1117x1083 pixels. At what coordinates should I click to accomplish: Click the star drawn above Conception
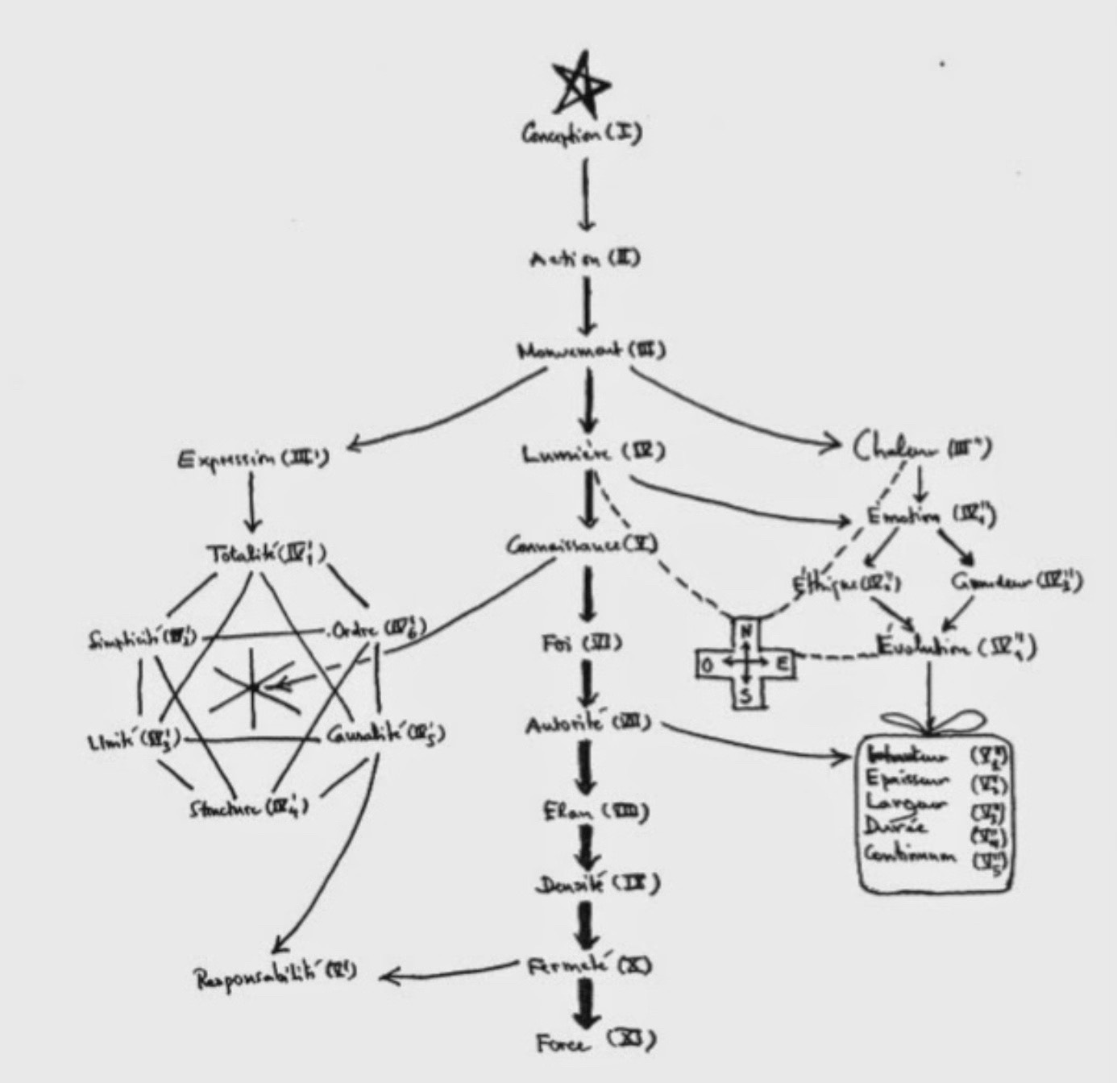coord(581,83)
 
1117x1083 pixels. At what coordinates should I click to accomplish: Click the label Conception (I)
coord(581,134)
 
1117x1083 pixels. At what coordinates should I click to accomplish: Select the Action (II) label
coord(584,259)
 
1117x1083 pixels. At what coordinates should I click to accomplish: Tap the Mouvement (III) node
coord(591,351)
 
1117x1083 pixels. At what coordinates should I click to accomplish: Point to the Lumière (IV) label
coord(592,454)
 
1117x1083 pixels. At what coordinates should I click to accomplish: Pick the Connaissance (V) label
coord(582,546)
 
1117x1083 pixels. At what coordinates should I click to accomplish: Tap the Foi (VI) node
coord(580,644)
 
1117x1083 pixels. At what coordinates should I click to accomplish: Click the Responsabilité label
coord(274,977)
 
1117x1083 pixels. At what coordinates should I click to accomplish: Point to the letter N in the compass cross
coord(745,630)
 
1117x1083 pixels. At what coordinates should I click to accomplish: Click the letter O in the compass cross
coord(707,665)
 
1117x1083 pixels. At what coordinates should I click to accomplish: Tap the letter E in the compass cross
coord(783,664)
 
